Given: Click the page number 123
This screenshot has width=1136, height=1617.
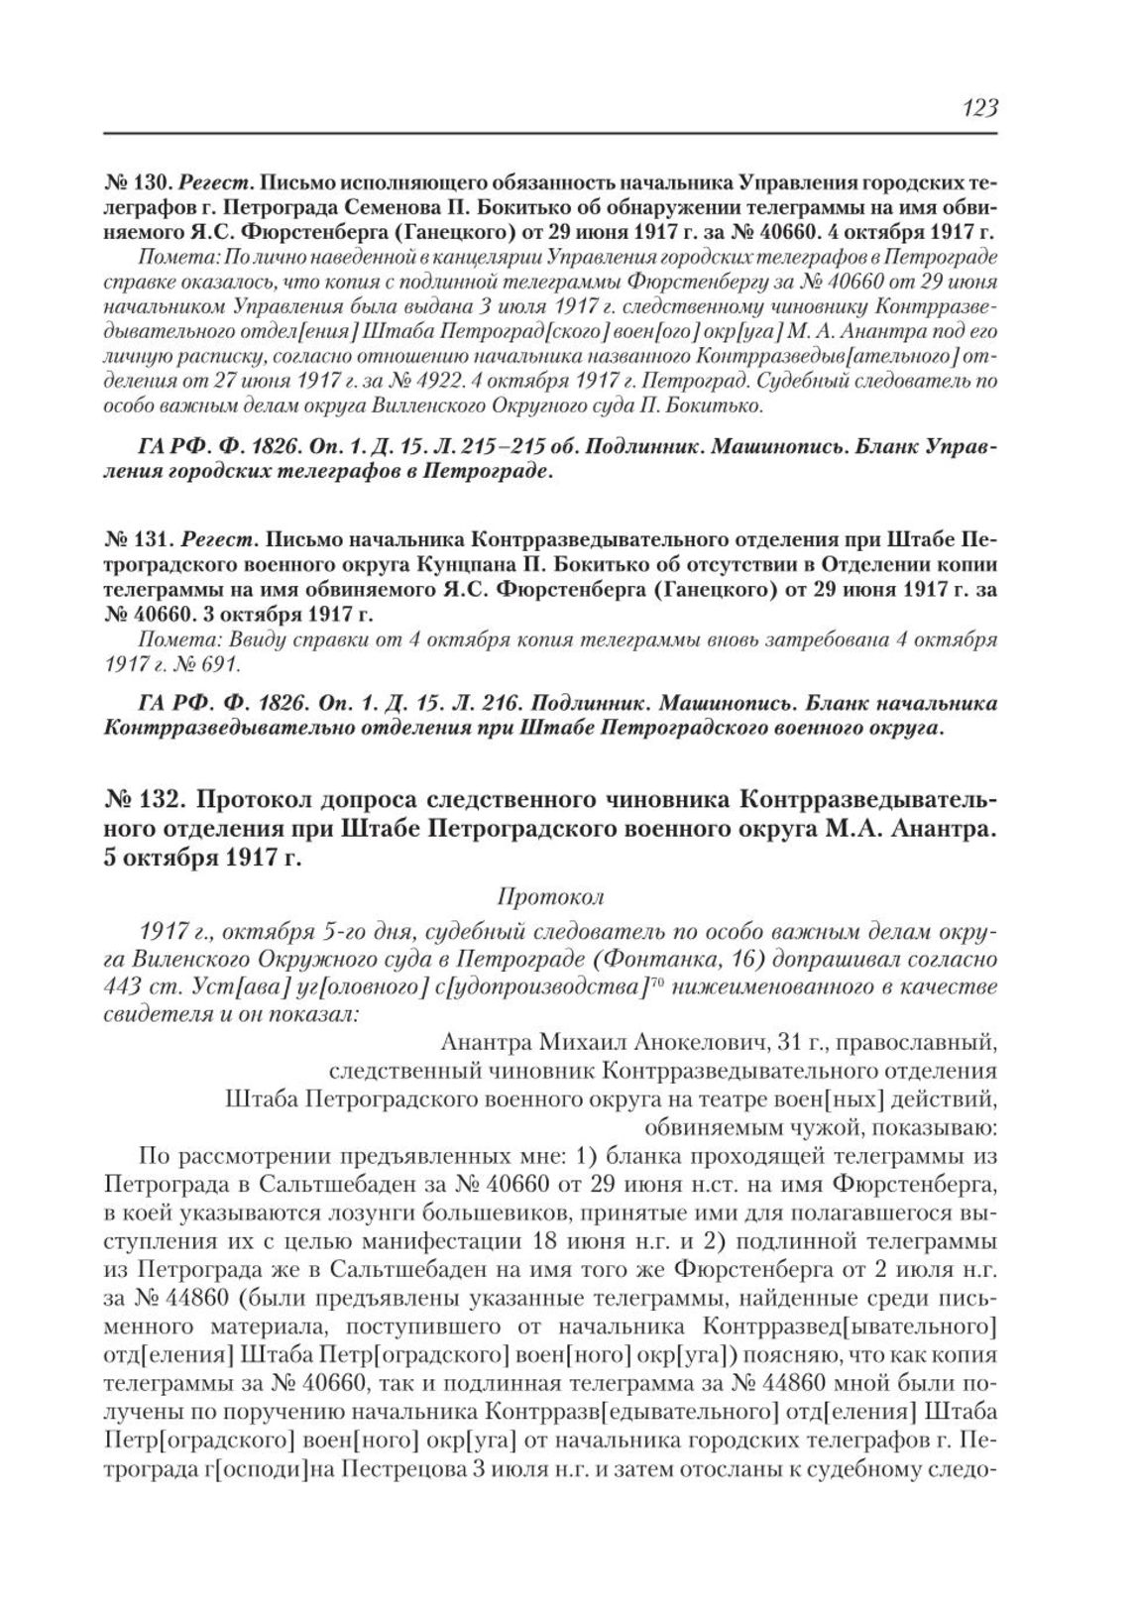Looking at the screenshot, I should click(x=978, y=108).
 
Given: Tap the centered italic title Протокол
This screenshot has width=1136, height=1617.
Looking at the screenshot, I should click(x=550, y=898).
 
